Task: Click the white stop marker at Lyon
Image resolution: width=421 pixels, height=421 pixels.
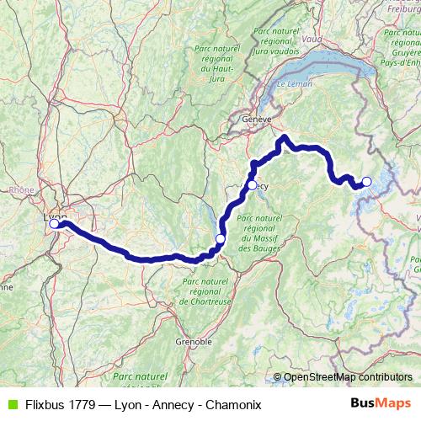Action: pos(55,223)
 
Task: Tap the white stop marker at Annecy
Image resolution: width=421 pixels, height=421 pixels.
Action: pos(252,184)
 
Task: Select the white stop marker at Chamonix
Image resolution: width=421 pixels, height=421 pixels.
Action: pos(366,181)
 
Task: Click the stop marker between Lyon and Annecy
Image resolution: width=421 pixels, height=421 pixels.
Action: pos(221,239)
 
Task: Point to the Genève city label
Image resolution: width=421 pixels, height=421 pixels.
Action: pos(256,120)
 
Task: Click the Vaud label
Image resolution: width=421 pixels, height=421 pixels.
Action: pos(311,39)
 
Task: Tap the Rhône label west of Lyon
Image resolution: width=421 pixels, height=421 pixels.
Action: pos(21,190)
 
